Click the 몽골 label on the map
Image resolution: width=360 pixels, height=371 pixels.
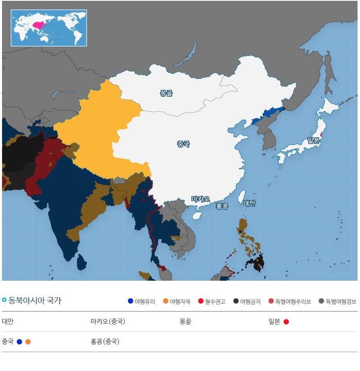[x=166, y=93]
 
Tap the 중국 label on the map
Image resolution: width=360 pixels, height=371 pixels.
[x=183, y=144]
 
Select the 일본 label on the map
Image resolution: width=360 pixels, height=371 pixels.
[x=313, y=141]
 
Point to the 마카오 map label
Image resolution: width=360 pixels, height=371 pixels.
[x=201, y=199]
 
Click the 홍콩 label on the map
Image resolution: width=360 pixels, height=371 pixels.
[x=222, y=206]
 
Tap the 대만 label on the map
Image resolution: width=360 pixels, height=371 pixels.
[x=249, y=203]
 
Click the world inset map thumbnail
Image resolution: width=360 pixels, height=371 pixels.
[x=49, y=28]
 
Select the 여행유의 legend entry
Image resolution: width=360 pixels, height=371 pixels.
[x=142, y=302]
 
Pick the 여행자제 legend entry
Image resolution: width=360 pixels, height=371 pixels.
[x=177, y=302]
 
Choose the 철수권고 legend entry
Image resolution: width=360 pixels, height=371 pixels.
[x=212, y=302]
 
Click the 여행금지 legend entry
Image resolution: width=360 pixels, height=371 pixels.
[x=247, y=302]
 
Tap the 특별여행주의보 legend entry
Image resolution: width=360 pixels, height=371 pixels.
[x=289, y=302]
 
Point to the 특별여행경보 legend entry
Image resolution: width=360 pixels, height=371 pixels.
[x=338, y=302]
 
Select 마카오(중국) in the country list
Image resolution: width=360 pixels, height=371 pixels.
[x=108, y=322]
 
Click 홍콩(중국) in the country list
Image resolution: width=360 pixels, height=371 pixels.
[x=105, y=342]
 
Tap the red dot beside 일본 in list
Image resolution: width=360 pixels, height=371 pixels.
[x=286, y=322]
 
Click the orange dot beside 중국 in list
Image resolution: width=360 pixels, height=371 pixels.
[x=28, y=342]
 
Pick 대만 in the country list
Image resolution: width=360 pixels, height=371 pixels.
[x=8, y=322]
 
